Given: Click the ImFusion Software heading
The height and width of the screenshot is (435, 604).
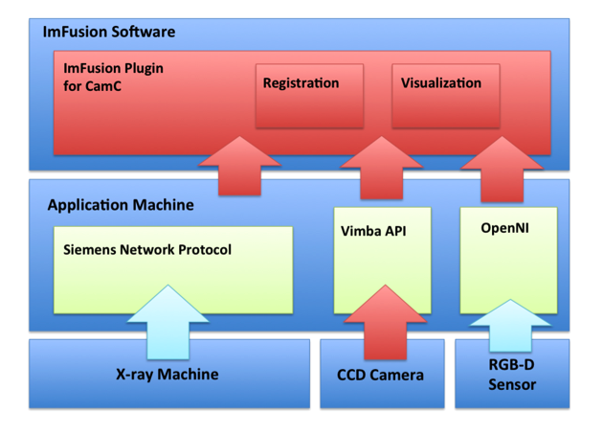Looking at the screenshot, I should click(x=108, y=32).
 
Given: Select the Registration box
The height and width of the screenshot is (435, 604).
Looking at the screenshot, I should click(x=309, y=96).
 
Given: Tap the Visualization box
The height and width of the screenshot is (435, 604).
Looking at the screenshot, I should click(x=446, y=96).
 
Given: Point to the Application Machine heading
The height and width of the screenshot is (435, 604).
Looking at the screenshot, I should click(x=121, y=205).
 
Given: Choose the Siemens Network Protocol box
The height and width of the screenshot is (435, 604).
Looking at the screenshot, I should click(x=172, y=269).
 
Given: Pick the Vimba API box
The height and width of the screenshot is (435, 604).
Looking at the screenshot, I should click(x=381, y=260).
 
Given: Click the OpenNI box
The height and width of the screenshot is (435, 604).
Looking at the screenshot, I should click(x=507, y=260).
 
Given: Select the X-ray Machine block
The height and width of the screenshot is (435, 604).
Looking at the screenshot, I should click(x=168, y=374).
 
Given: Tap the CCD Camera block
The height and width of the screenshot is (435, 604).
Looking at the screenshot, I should click(x=380, y=375).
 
